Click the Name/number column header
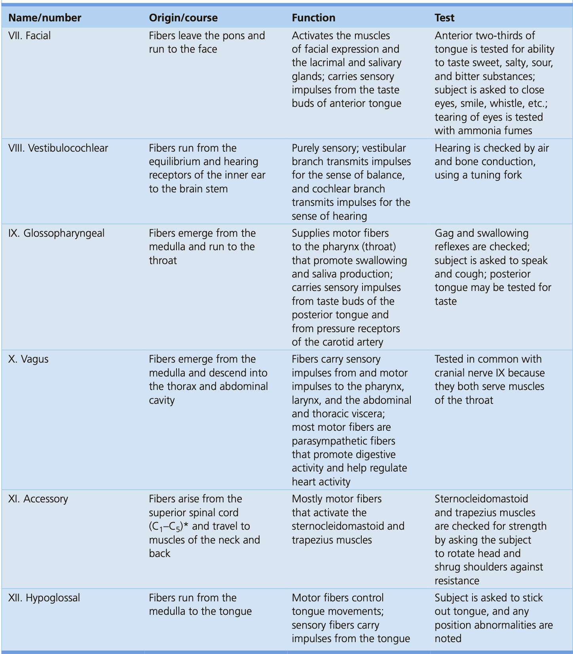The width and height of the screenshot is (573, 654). (x=45, y=18)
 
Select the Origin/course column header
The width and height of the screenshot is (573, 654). (x=183, y=18)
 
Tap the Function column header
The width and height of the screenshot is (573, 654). (x=313, y=18)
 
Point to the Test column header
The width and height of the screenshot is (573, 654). (x=444, y=18)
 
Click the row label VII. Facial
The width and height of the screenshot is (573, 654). (x=30, y=36)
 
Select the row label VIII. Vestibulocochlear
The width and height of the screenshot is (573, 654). (x=58, y=148)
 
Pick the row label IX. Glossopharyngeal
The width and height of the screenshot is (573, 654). (x=57, y=233)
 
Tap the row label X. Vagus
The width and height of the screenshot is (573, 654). (x=28, y=359)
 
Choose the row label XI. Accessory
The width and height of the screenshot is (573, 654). (x=38, y=499)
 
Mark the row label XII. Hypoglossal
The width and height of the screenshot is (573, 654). (x=44, y=598)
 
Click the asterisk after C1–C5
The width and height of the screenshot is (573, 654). (x=186, y=525)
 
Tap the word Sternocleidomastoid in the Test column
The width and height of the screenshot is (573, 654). (x=481, y=499)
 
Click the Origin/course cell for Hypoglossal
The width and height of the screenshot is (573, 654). (x=200, y=605)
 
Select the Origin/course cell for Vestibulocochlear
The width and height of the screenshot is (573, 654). (x=207, y=168)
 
